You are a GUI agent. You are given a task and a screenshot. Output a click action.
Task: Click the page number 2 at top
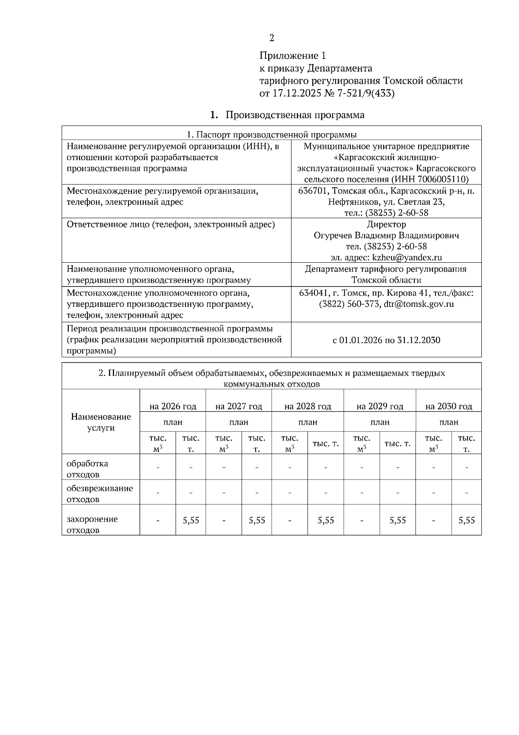coord(272,38)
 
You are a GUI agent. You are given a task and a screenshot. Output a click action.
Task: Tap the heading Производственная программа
coord(295,115)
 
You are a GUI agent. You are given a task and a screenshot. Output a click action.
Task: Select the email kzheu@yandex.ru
coord(407,258)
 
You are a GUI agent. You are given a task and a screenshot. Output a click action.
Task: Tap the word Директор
coord(386,224)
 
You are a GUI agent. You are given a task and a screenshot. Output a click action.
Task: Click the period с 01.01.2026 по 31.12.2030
coord(386,340)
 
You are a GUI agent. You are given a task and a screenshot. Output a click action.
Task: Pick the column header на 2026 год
coord(173,406)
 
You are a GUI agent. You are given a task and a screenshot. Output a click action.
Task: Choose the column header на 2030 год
coord(449,406)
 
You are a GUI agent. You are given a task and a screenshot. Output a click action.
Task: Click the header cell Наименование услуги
coord(101,422)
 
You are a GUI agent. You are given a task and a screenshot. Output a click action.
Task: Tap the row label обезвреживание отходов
coord(99,493)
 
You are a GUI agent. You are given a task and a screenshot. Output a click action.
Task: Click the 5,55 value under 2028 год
coord(326,520)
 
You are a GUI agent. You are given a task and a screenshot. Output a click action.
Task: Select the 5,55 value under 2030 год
coord(466,520)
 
